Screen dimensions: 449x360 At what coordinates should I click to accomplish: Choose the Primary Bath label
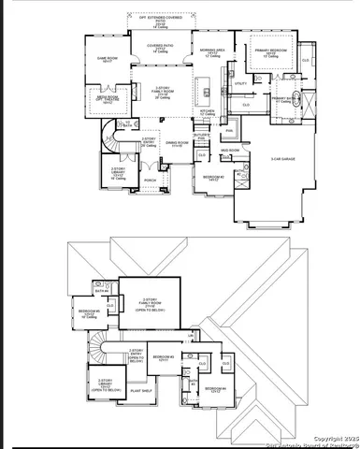click(284, 98)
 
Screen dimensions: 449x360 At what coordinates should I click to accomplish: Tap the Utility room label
click(240, 84)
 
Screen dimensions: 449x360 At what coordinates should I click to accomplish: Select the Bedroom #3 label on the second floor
click(166, 357)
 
